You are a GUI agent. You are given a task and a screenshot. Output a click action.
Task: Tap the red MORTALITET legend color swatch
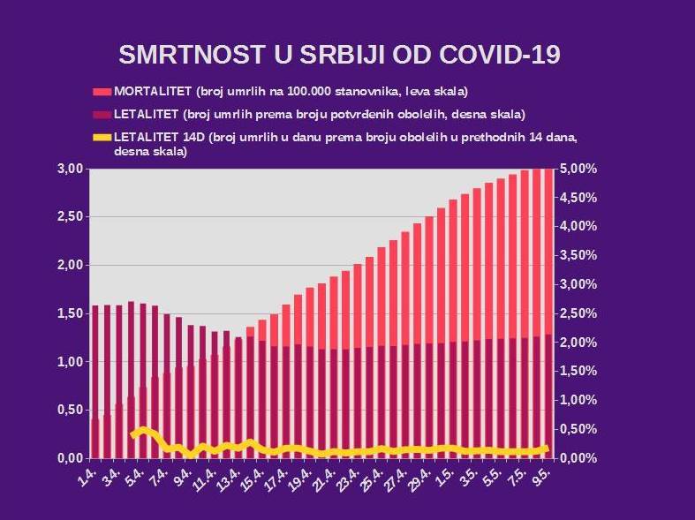tap(101, 92)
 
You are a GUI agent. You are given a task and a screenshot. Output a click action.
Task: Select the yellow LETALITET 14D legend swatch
tap(101, 137)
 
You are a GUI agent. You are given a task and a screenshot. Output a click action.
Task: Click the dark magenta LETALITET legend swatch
tap(101, 115)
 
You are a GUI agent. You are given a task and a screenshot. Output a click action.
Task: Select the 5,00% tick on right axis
tap(579, 169)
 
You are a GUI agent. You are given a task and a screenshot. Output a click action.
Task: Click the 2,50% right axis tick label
tap(579, 313)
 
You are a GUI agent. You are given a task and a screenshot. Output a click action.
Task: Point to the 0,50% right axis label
tap(579, 429)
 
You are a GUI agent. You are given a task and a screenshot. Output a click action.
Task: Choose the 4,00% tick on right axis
tap(579, 227)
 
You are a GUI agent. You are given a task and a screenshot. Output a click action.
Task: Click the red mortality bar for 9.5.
tap(548, 247)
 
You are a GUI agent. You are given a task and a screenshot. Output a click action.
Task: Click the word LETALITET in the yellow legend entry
tap(145, 137)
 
